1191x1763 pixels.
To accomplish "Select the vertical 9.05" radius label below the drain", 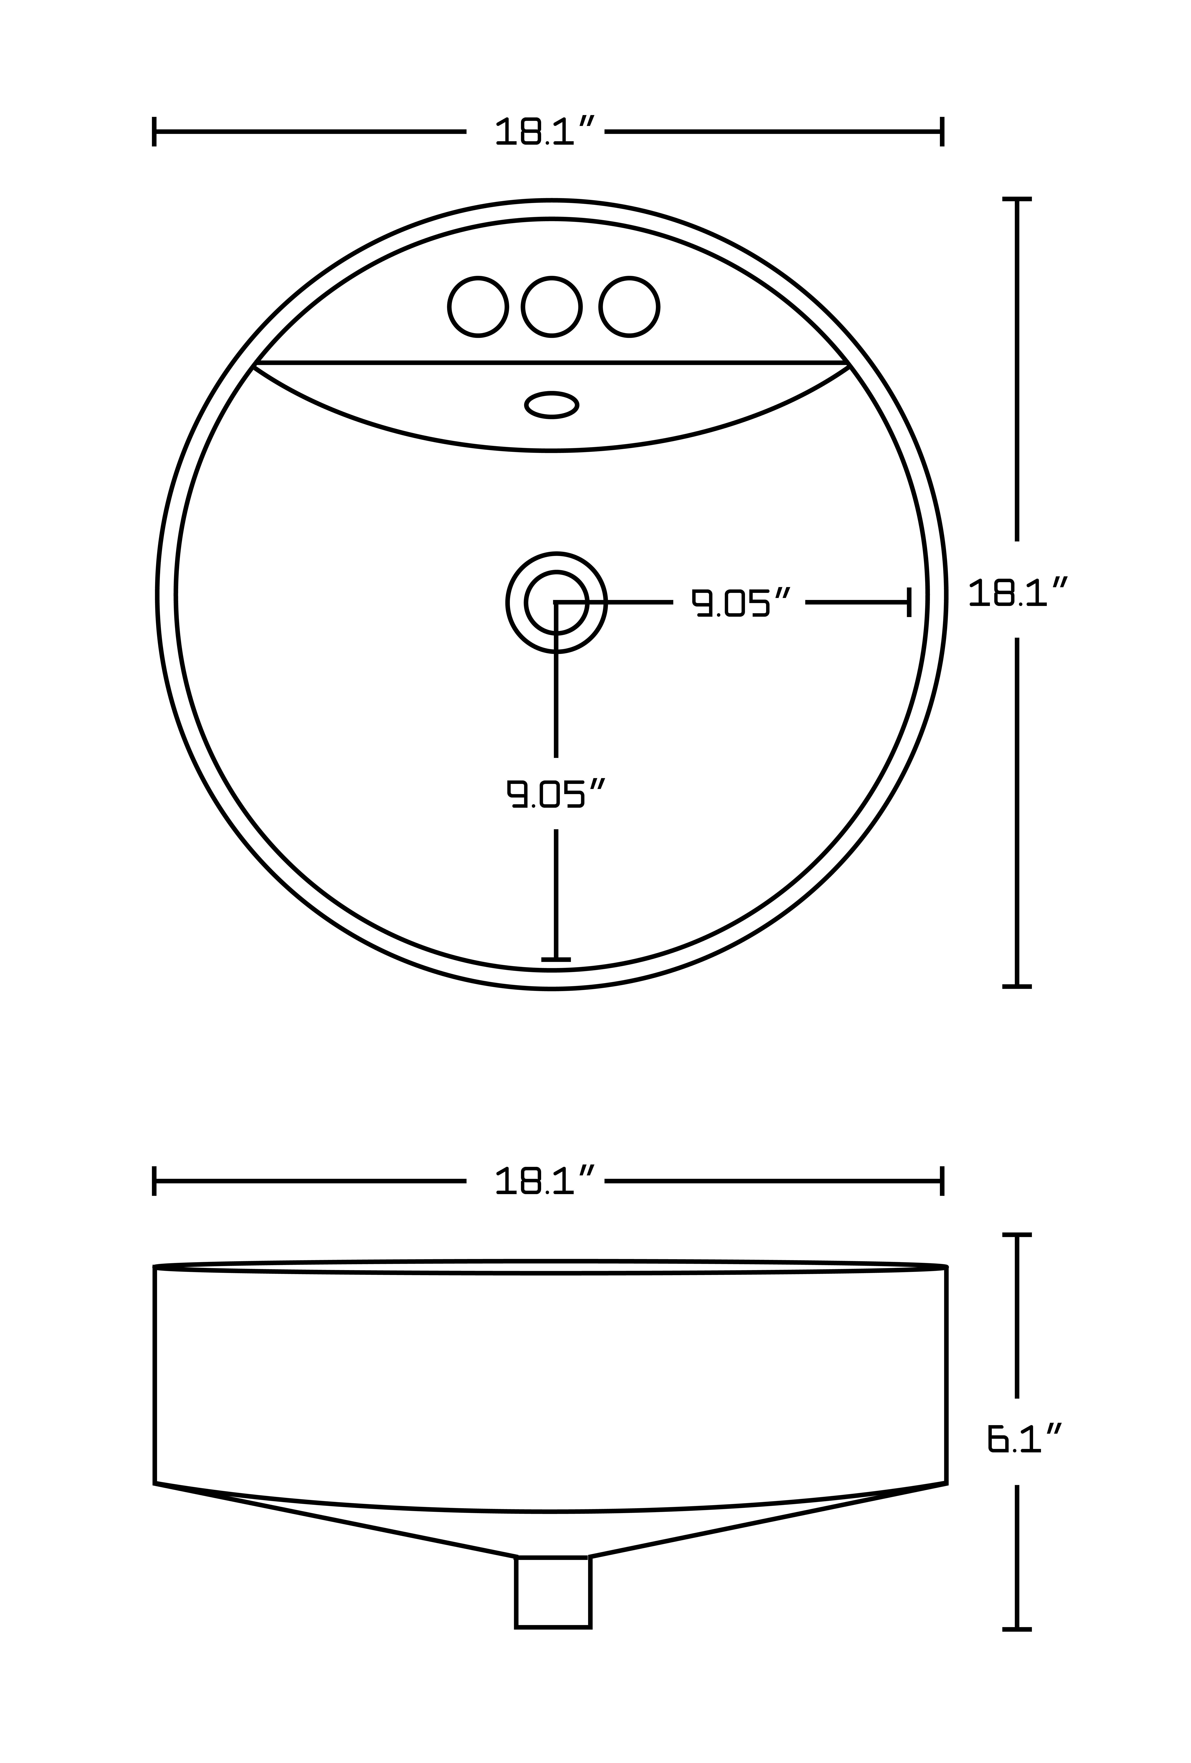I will [x=556, y=794].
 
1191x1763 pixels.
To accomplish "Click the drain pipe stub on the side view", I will [x=553, y=1592].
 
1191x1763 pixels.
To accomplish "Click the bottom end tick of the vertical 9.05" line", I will [x=556, y=960].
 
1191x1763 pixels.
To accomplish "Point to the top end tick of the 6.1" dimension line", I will [x=1017, y=1235].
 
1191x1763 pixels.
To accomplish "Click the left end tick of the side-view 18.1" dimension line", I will [x=154, y=1181].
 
